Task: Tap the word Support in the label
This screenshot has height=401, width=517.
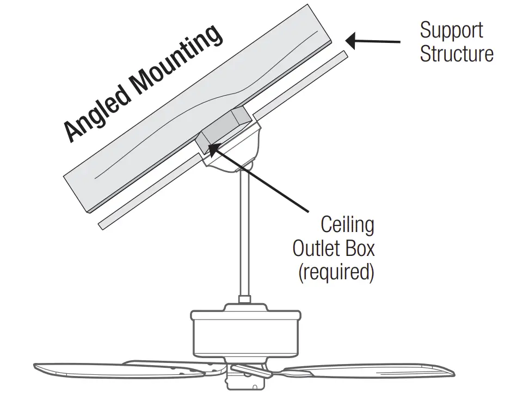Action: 451,30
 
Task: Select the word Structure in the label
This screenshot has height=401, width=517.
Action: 457,54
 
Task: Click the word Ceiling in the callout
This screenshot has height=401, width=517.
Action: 347,224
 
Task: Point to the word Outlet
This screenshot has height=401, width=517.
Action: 318,248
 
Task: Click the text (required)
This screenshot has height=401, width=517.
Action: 336,272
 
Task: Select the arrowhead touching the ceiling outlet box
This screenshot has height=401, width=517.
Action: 214,146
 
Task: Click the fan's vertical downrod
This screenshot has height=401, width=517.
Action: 244,234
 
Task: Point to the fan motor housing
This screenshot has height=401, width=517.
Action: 245,334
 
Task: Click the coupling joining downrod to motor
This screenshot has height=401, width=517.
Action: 244,300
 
